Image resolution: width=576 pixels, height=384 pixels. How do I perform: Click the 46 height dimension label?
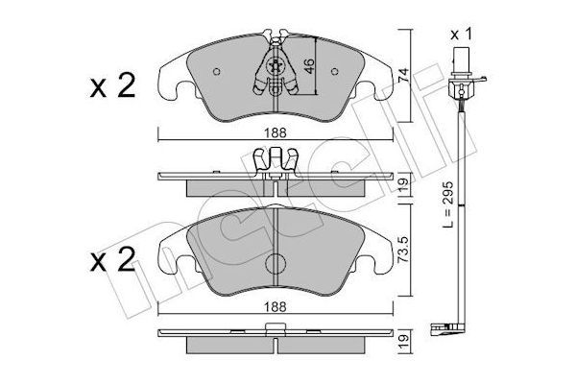pyautogui.click(x=310, y=66)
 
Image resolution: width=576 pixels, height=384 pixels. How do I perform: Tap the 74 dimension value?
pyautogui.click(x=404, y=75)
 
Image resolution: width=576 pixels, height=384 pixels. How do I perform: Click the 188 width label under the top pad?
pyautogui.click(x=276, y=132)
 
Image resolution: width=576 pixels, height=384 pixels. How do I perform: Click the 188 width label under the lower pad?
pyautogui.click(x=276, y=307)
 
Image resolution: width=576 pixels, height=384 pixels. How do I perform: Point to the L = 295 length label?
pyautogui.click(x=448, y=204)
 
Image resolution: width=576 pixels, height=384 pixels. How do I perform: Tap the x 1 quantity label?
pyautogui.click(x=461, y=36)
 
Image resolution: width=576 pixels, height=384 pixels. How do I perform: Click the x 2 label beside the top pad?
pyautogui.click(x=112, y=86)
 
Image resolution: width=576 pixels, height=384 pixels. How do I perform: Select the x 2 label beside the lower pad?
pyautogui.click(x=112, y=259)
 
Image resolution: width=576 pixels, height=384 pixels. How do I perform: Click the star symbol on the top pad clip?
pyautogui.click(x=276, y=66)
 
